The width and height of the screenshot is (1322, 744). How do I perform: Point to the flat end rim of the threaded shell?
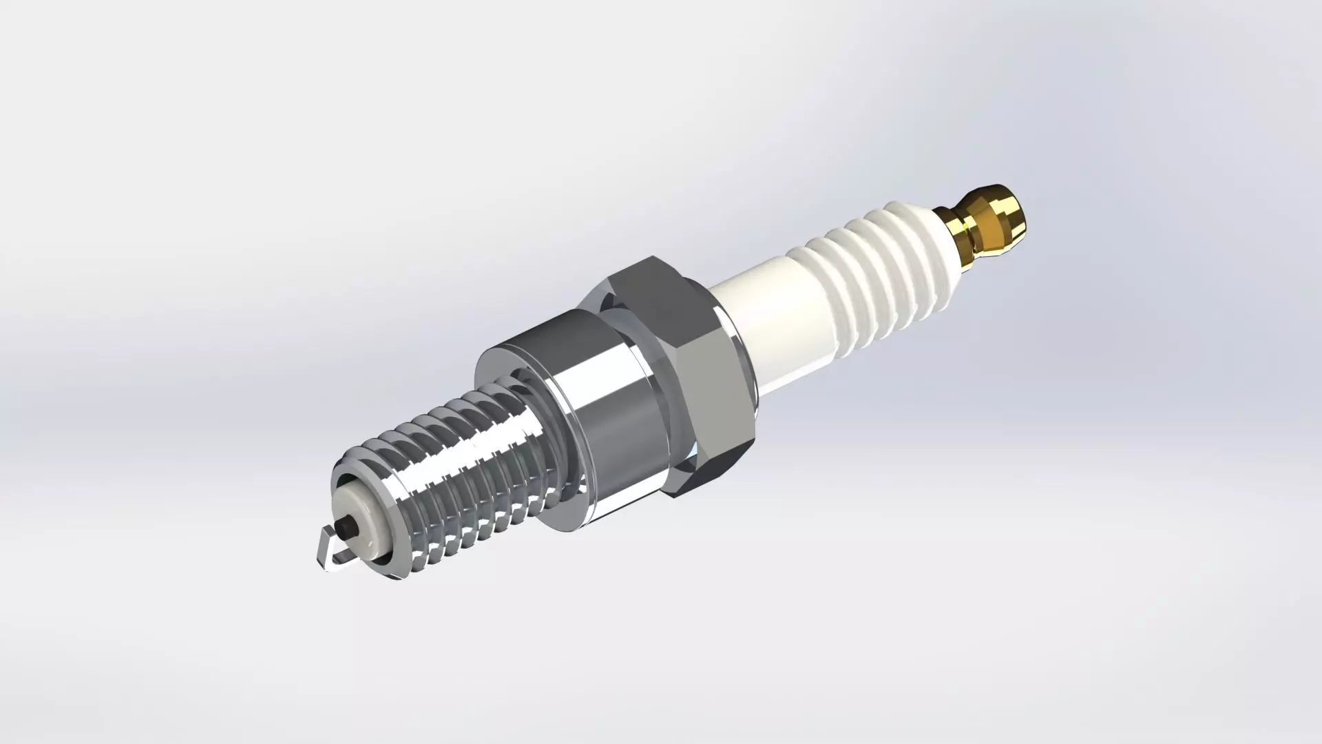(344, 475)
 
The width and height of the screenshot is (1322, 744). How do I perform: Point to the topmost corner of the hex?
(651, 256)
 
